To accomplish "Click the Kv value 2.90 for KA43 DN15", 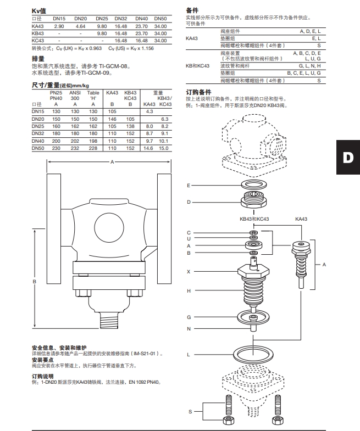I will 59,26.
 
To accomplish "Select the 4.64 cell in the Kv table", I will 81,26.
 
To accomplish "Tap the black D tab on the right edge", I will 347,158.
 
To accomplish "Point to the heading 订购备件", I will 198,91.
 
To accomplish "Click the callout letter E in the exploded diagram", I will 188,186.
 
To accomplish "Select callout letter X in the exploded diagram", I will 188,272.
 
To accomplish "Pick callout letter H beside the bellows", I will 188,290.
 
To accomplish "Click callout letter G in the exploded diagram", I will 188,317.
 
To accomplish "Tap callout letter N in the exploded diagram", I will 188,328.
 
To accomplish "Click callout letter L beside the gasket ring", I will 188,355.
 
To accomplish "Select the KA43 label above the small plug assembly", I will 301,219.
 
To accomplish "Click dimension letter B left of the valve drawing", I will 35,282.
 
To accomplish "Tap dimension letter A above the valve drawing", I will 112,162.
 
